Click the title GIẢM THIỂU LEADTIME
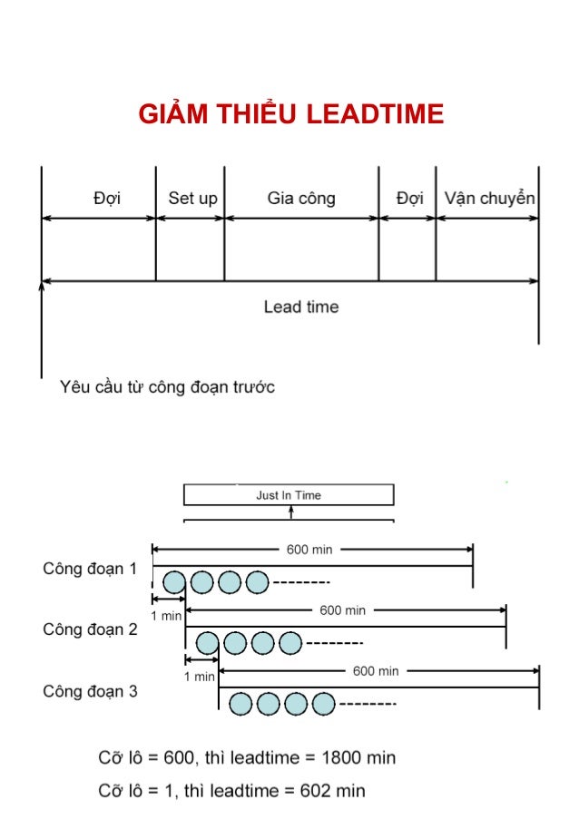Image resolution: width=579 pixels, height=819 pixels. click(x=290, y=114)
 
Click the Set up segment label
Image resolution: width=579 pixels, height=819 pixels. click(x=192, y=198)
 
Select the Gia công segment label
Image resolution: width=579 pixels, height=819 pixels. click(x=301, y=198)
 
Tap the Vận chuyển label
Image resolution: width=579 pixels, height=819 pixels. click(x=489, y=198)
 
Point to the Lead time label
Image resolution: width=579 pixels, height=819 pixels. click(x=300, y=307)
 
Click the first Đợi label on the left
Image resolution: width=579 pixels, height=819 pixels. click(x=106, y=198)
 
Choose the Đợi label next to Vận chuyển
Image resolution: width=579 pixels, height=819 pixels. click(x=409, y=198)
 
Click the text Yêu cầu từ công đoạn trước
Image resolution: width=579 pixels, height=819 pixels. click(x=167, y=387)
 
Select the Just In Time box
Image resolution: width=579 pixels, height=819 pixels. click(x=289, y=495)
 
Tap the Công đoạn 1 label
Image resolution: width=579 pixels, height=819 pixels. click(x=90, y=570)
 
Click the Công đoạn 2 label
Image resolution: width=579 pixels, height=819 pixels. click(x=90, y=629)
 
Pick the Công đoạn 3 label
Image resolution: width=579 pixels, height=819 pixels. click(x=90, y=691)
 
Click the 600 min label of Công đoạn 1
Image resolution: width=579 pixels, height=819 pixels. click(x=309, y=549)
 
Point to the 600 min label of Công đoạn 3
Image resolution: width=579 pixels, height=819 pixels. click(x=376, y=671)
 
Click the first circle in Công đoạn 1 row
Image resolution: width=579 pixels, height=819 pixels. click(x=175, y=581)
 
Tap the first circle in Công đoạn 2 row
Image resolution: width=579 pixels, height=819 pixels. click(x=208, y=643)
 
